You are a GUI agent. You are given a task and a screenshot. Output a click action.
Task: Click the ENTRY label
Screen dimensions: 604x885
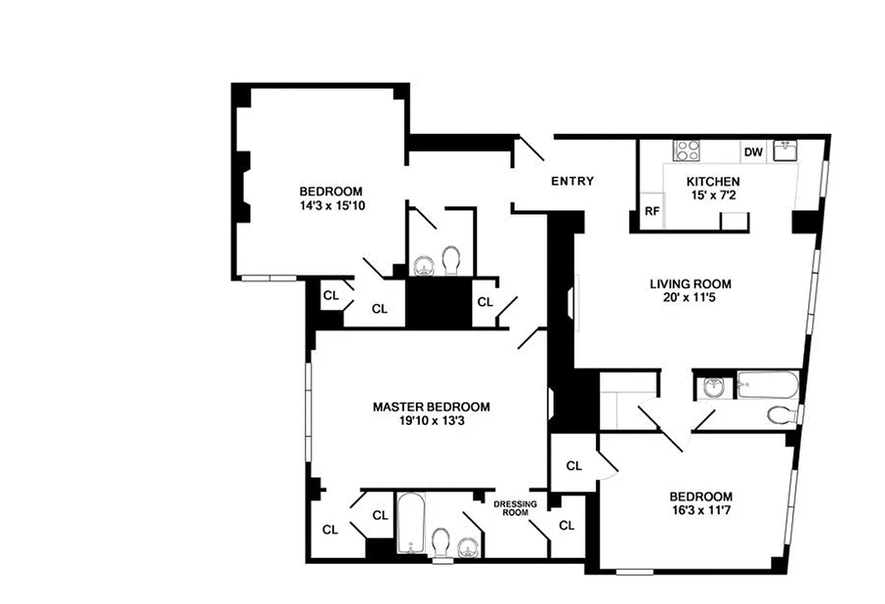click(x=572, y=181)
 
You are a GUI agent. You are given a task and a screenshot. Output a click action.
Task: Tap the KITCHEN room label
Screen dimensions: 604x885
click(x=712, y=182)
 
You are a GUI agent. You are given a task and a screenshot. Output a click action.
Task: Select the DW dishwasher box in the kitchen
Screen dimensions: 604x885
click(x=754, y=153)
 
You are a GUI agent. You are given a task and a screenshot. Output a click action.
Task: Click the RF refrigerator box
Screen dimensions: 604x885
click(x=652, y=212)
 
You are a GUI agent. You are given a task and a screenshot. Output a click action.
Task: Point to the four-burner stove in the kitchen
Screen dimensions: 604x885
click(x=687, y=149)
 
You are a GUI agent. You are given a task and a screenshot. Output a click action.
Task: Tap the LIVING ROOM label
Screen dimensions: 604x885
click(x=690, y=284)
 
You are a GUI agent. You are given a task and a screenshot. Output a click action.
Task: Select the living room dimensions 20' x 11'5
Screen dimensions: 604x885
click(x=690, y=298)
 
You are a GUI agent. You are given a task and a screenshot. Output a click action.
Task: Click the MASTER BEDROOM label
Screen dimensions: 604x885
click(x=430, y=407)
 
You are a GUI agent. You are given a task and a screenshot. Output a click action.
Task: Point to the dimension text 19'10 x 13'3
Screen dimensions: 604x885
click(x=430, y=421)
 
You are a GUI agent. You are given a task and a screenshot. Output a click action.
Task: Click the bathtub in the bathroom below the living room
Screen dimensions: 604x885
click(x=766, y=384)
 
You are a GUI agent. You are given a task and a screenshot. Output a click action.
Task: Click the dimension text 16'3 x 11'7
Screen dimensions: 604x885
click(x=700, y=511)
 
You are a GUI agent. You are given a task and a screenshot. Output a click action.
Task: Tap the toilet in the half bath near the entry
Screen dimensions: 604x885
click(x=451, y=260)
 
